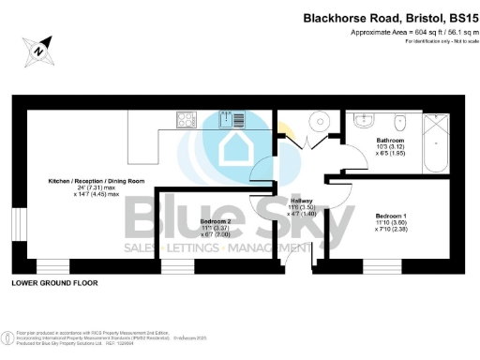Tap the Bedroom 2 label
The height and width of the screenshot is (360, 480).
pyautogui.click(x=217, y=222)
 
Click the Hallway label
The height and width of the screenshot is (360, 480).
pyautogui.click(x=302, y=201)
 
